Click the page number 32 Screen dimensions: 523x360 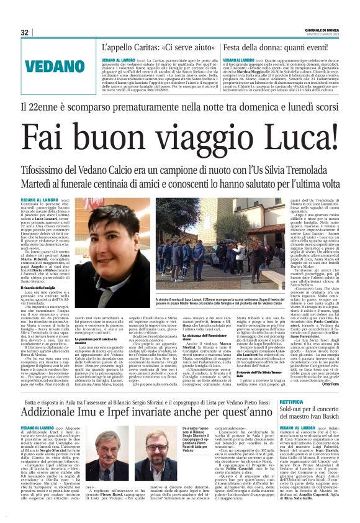coord(25,32)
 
